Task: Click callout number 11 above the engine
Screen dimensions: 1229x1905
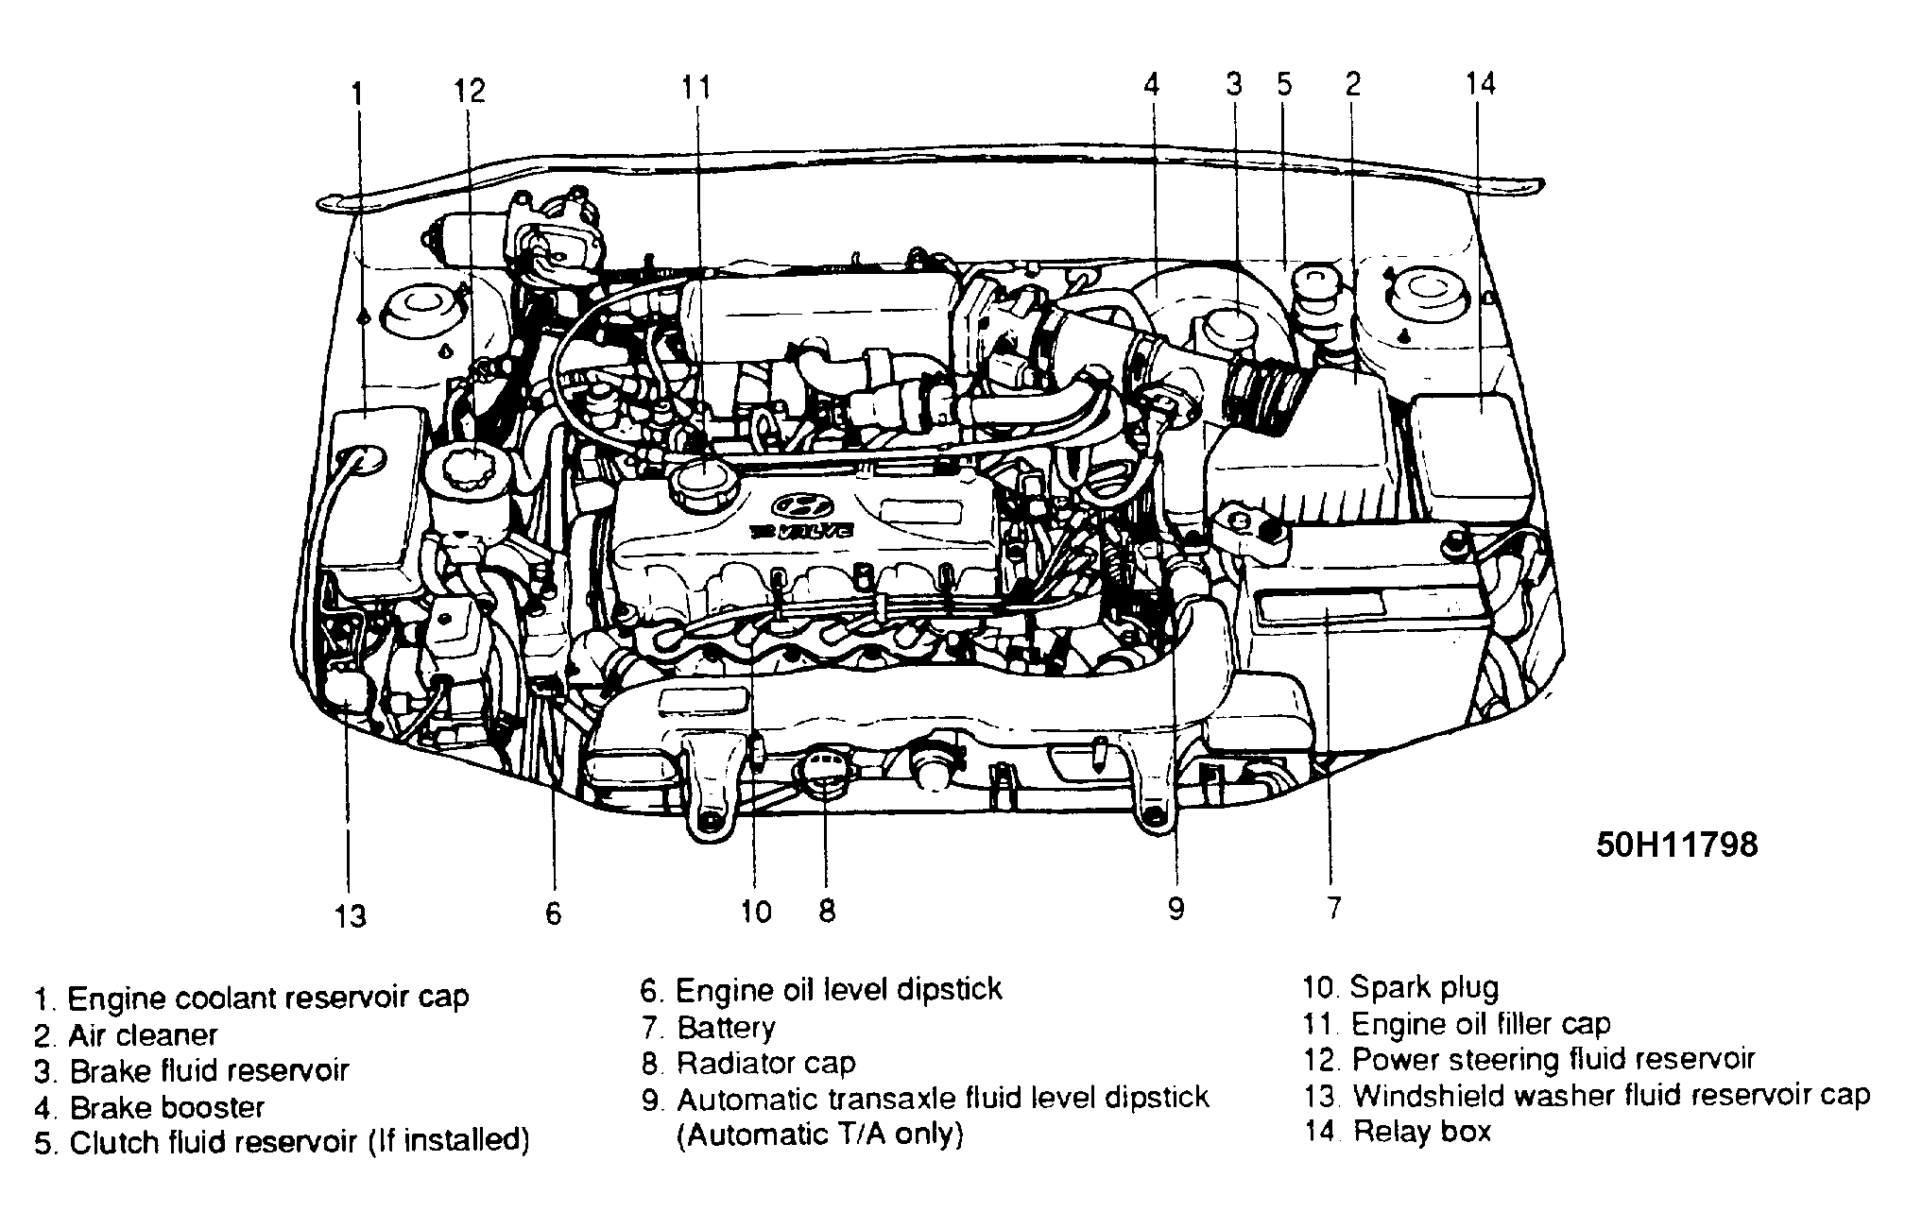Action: [x=696, y=87]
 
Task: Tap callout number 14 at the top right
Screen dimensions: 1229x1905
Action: [x=1480, y=83]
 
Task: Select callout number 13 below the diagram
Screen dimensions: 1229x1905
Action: [x=350, y=914]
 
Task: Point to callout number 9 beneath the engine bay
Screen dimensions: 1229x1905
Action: [x=1176, y=909]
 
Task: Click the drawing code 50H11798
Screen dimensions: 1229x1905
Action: [x=1676, y=844]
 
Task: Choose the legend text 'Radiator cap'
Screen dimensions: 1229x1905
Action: [x=765, y=1063]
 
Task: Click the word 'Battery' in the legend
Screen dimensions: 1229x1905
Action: [x=726, y=1027]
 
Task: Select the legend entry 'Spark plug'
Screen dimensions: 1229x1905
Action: [x=1423, y=988]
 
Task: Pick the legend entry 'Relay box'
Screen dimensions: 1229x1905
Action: [x=1421, y=1131]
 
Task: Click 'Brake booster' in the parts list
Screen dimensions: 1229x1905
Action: [x=166, y=1106]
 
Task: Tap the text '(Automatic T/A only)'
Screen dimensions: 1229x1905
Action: [x=819, y=1134]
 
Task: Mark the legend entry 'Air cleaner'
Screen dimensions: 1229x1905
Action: [x=142, y=1034]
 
